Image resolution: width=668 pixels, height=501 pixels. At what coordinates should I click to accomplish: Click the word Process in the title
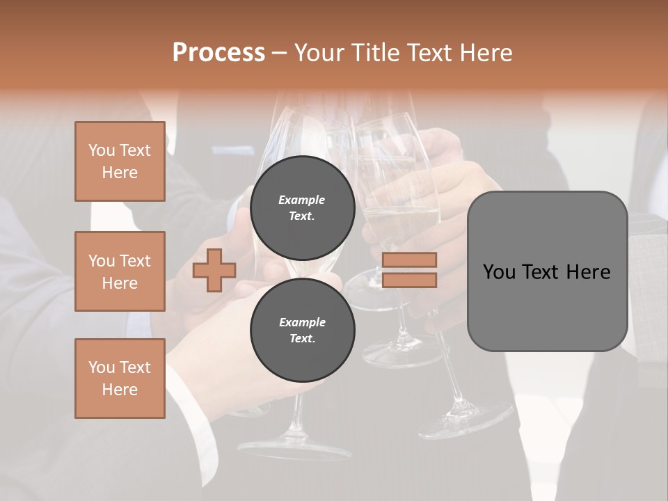pos(218,53)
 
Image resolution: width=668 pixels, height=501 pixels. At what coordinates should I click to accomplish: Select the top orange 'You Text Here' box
pos(120,161)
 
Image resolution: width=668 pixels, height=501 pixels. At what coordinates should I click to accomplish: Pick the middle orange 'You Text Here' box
pos(120,271)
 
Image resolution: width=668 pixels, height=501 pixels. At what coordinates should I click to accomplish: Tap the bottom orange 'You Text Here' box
pos(120,379)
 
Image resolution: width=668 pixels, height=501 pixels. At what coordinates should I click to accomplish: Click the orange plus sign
pos(214,271)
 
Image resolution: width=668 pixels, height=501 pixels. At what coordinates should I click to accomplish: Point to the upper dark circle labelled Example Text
pos(302,207)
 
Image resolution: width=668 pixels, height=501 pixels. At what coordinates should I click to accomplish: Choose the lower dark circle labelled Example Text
pos(302,331)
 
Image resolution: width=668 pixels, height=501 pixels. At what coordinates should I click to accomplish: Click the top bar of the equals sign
pos(409,260)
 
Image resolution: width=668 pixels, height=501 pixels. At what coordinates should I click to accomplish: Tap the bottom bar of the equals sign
pos(409,280)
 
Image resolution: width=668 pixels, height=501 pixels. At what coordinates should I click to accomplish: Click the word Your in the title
pos(319,53)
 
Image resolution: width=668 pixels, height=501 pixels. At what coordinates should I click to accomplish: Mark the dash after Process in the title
pos(279,53)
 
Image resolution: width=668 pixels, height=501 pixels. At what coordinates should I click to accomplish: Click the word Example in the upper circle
pos(302,200)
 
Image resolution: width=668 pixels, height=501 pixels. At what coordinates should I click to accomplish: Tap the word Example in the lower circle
pos(302,322)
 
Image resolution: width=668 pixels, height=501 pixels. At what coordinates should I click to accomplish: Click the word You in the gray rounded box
pos(498,272)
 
